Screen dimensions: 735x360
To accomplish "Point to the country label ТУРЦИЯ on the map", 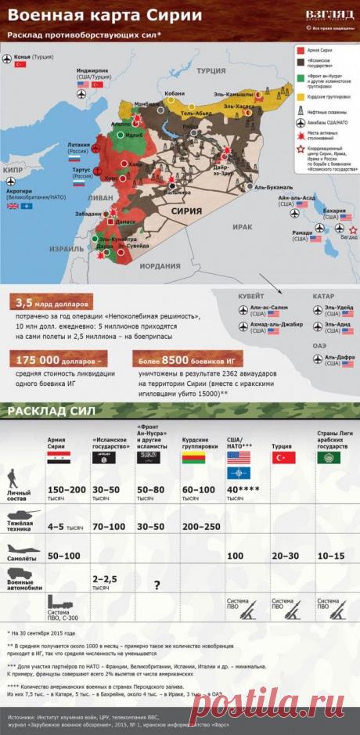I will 211,70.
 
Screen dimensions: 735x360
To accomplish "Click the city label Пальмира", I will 175,192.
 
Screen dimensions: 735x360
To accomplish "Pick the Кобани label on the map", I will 174,93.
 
